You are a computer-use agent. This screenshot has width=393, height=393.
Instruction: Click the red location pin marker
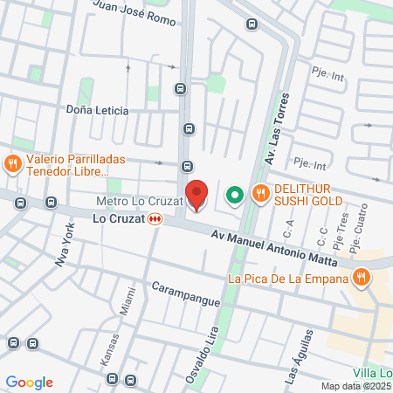pos(197,195)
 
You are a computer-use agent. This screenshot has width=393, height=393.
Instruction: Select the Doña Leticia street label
pos(97,111)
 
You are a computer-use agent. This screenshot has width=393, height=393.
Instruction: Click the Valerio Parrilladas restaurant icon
pos(12,162)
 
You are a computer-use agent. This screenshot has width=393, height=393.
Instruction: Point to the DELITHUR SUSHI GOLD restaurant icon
pos(259,194)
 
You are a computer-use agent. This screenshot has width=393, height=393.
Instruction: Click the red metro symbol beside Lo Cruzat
pos(155,219)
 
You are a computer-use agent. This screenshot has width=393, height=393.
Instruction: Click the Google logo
pos(29,383)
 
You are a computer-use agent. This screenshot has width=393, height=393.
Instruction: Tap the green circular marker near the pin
pos(234,195)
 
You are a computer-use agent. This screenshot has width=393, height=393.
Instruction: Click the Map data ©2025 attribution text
pos(355,386)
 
